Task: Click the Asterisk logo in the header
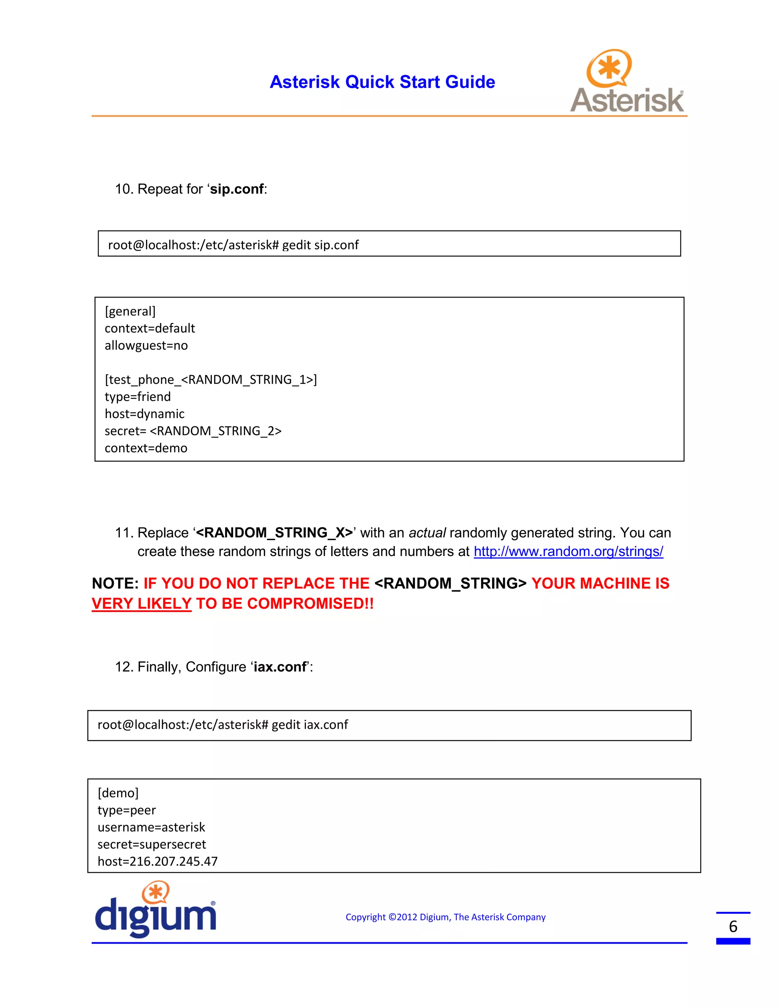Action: [x=627, y=82]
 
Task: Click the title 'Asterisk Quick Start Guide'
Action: [x=382, y=82]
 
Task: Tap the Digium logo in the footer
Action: [x=155, y=910]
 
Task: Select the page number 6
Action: [x=733, y=927]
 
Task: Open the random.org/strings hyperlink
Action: [x=568, y=552]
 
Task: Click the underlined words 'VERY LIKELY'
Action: [x=141, y=604]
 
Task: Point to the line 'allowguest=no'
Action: [x=146, y=346]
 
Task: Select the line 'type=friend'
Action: [x=138, y=397]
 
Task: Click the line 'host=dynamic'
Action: [x=145, y=414]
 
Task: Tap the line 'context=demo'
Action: [x=146, y=448]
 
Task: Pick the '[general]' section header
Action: [x=130, y=312]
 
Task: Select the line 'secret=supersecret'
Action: [x=151, y=844]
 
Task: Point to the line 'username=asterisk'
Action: [x=151, y=828]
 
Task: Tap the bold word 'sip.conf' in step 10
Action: [x=237, y=189]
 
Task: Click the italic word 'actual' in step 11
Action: [x=427, y=533]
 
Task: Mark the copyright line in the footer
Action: [x=445, y=917]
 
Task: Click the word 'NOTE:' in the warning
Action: [x=115, y=583]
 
